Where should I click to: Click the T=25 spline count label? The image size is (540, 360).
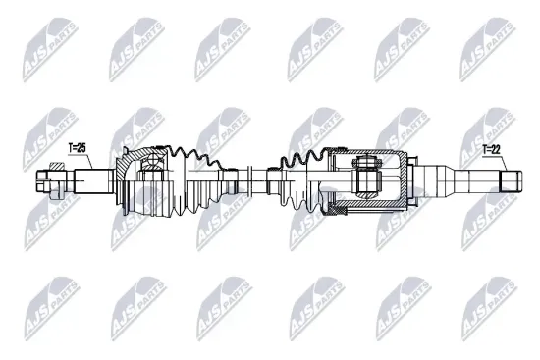[77, 148]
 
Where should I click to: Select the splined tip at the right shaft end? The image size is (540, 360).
[510, 180]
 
